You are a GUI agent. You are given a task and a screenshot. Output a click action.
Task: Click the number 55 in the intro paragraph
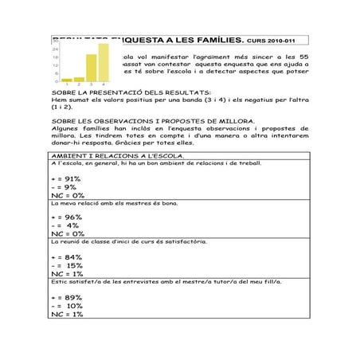coord(303,57)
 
